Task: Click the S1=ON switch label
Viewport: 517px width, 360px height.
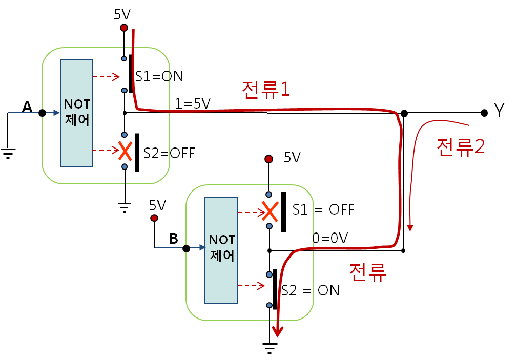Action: (x=159, y=76)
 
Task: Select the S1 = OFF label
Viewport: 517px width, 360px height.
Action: (x=323, y=209)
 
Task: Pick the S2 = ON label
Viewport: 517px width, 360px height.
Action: (x=311, y=290)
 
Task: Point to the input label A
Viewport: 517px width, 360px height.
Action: (x=27, y=107)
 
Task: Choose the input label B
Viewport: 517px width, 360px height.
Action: (x=174, y=238)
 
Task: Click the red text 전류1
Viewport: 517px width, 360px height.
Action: (x=266, y=90)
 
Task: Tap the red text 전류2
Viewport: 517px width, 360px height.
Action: (x=460, y=147)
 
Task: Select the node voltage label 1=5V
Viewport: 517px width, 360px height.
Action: (x=192, y=103)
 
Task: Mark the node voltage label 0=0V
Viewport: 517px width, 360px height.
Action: (x=330, y=238)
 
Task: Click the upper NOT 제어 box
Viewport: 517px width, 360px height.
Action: (x=76, y=113)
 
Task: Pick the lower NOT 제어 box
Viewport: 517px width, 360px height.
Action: (x=221, y=250)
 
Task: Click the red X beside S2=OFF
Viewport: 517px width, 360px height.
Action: (x=123, y=151)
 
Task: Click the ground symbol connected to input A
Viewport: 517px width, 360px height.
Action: (x=8, y=152)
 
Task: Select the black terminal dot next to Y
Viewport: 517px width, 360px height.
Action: (x=484, y=113)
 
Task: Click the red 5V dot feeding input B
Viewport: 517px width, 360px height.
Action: (x=154, y=218)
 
